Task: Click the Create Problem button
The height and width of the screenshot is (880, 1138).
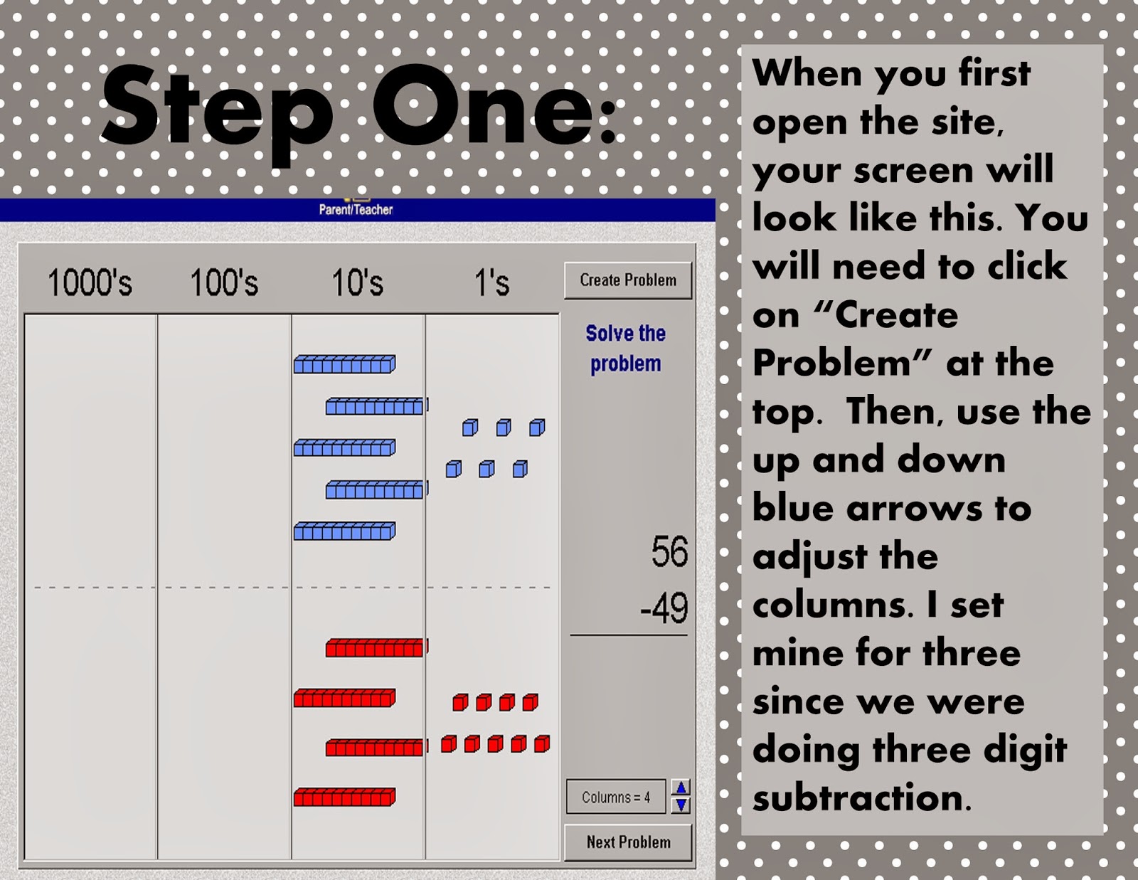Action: pos(628,281)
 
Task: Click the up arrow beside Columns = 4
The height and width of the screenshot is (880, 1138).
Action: pos(681,788)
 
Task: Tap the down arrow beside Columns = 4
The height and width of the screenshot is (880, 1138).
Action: pos(681,805)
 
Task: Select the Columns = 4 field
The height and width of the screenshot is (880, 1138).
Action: pos(616,797)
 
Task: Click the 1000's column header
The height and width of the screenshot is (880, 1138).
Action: pos(90,282)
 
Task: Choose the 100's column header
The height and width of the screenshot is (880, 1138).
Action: pos(224,282)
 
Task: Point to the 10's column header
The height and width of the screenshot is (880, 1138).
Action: pos(358,282)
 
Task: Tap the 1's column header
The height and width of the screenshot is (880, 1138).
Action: pos(491,282)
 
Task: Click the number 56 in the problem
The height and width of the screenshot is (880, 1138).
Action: pos(669,551)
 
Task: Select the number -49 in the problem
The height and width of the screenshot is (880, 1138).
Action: pos(664,608)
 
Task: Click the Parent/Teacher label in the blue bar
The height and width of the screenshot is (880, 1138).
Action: pos(356,210)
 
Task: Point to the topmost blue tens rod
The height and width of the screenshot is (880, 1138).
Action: pos(344,364)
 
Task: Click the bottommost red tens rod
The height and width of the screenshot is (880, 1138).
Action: pos(344,797)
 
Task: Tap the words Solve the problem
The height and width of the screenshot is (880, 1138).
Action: pos(626,349)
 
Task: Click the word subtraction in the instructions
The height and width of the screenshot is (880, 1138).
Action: pos(862,797)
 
